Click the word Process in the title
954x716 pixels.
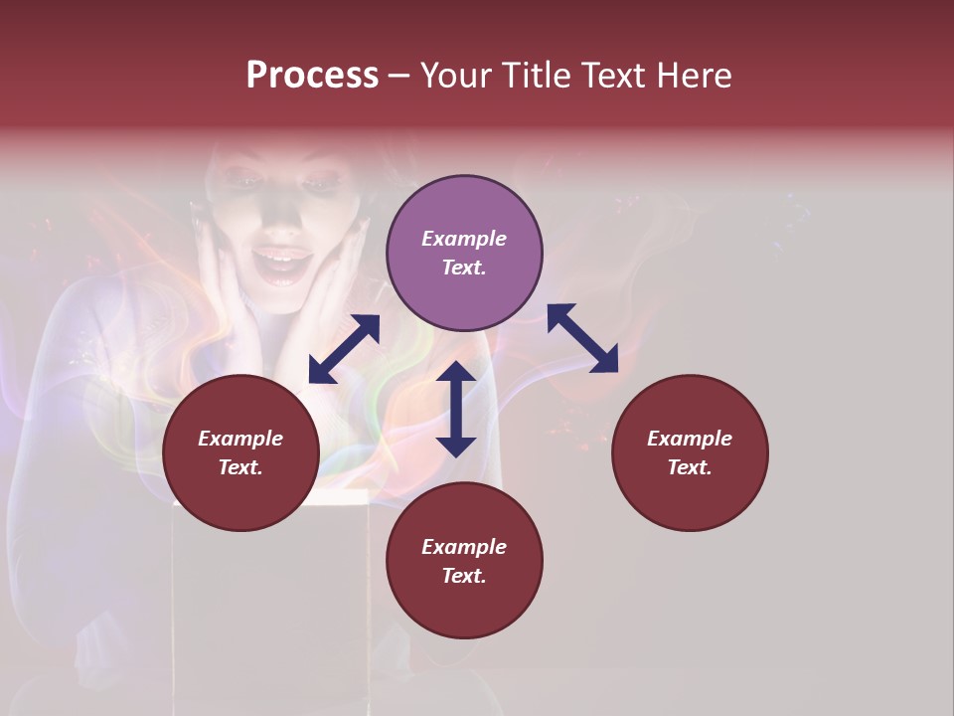coord(312,75)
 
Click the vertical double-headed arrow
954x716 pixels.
coord(456,409)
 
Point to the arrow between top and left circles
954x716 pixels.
coord(344,349)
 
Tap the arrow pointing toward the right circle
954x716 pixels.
coord(582,338)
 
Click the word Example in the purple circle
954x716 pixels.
coord(464,239)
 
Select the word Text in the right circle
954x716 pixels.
coord(690,467)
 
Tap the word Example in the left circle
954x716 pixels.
coord(240,439)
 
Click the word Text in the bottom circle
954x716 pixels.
coord(464,576)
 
